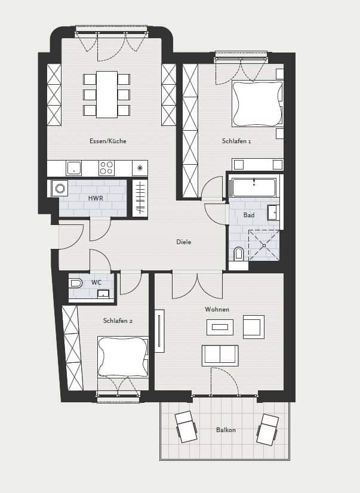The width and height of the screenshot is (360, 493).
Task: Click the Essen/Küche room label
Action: pos(108,141)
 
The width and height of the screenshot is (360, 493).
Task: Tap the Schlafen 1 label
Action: pos(236,141)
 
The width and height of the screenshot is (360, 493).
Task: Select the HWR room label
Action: pos(96,198)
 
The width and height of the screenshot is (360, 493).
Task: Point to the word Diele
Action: pos(184,242)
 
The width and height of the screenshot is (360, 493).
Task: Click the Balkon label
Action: pos(226,430)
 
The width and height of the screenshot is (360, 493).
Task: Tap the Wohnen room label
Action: pos(217,309)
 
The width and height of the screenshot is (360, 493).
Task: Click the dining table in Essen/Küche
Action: pos(107,94)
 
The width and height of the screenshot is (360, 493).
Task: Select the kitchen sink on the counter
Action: pos(73,168)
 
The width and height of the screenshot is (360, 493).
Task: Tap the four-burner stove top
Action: pos(106,168)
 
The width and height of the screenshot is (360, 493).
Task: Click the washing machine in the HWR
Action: pos(60,189)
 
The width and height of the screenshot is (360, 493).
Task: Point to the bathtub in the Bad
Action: pos(253,187)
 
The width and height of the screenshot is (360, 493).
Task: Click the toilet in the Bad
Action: pos(239,254)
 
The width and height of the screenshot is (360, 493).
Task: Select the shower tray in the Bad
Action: pos(264,245)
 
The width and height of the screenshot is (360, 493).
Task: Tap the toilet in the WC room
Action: pos(76,284)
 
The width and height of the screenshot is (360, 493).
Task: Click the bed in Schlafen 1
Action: pos(257,104)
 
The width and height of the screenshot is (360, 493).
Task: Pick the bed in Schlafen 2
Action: pos(122,356)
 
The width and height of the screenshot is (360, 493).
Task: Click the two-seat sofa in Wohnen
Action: pos(220,356)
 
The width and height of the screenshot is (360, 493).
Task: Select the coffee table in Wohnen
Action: pos(220,327)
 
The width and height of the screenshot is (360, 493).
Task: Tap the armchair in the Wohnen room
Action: pos(253,327)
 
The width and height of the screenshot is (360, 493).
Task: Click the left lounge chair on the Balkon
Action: pos(186,427)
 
